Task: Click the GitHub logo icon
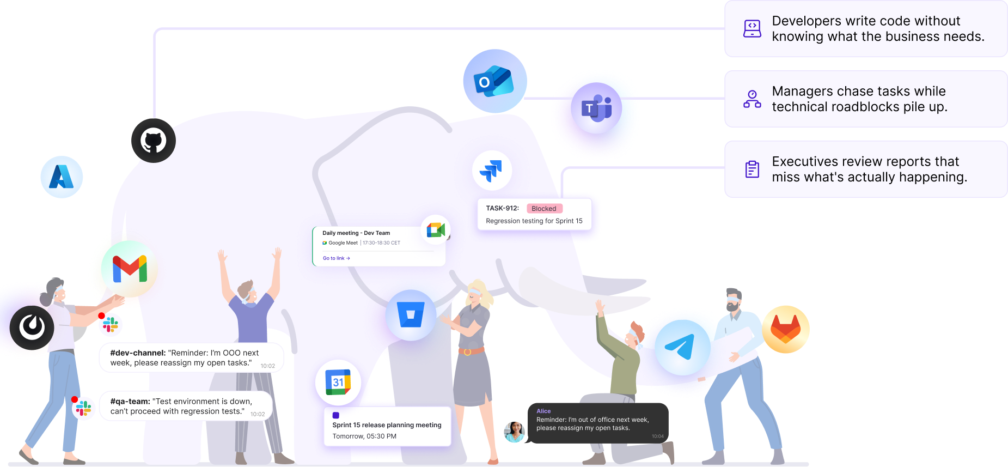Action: coord(154,141)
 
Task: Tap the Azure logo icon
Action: coord(62,177)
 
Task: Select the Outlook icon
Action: coord(494,81)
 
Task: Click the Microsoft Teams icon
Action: coord(597,108)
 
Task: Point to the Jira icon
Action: coord(492,170)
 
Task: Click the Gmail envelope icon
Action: coord(130,269)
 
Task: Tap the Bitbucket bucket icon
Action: coord(411,315)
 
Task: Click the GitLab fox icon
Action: coord(785,329)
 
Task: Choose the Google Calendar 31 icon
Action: coord(338,382)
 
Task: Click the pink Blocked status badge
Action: coord(544,209)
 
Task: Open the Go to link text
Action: coord(336,258)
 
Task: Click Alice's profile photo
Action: coord(514,432)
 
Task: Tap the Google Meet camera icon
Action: coord(436,230)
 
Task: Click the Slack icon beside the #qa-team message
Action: coord(83,408)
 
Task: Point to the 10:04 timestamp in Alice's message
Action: coord(658,436)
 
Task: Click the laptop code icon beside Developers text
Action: coord(752,28)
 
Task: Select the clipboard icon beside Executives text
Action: coord(752,169)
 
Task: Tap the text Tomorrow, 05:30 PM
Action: coord(364,436)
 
